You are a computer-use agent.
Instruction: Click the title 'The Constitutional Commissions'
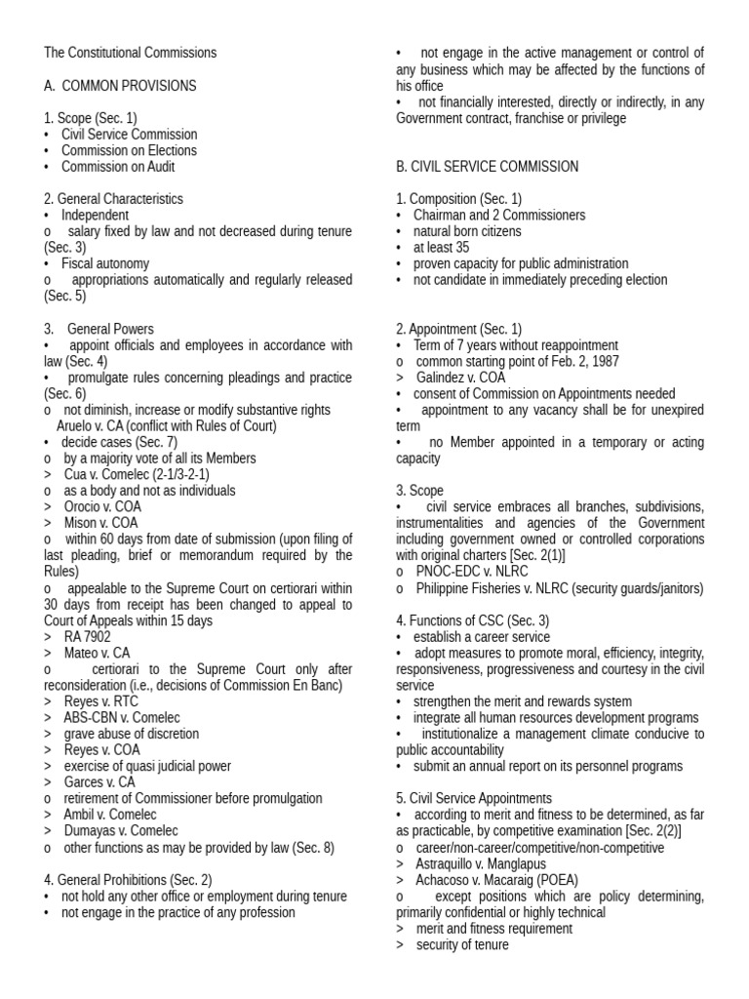pos(130,53)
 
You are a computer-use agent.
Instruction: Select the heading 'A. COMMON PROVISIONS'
pos(120,86)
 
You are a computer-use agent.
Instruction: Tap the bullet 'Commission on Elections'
pos(129,150)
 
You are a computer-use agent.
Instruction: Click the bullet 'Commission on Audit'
pos(118,167)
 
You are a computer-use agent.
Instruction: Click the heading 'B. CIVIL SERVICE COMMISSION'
pos(487,167)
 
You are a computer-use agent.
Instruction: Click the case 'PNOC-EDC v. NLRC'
pos(470,572)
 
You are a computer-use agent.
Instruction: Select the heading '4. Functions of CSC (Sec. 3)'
pos(472,620)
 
